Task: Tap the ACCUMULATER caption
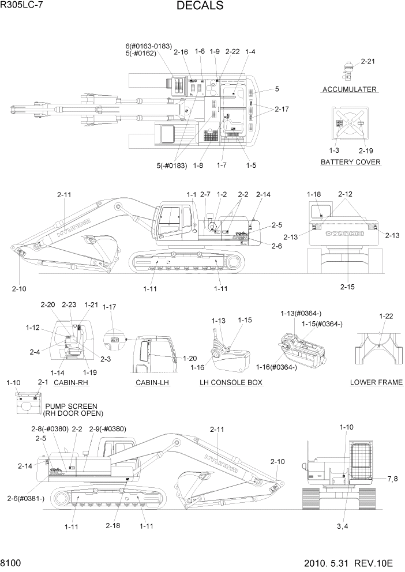click(350, 89)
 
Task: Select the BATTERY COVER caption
click(351, 162)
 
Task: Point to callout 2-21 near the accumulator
click(367, 61)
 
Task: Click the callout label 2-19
click(366, 150)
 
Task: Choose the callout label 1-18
click(314, 194)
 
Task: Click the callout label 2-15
click(348, 286)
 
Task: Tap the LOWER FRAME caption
click(376, 382)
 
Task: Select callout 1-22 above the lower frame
click(386, 316)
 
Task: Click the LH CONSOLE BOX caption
click(231, 382)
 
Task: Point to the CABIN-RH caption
click(71, 382)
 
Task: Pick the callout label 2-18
click(113, 525)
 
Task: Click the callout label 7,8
click(392, 479)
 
